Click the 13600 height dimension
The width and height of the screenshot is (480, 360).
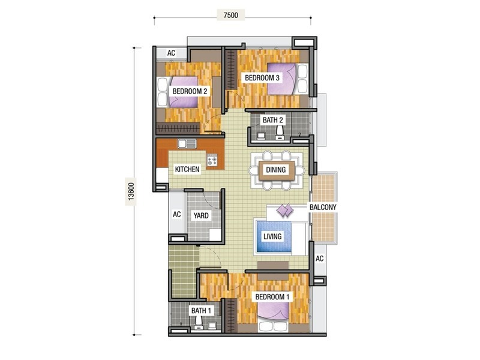click(x=131, y=191)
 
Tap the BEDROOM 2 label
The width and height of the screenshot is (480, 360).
click(x=190, y=91)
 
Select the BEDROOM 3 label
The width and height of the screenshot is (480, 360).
click(x=261, y=78)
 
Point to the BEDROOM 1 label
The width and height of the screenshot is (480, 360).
click(x=272, y=297)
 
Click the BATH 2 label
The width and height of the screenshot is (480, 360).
click(x=273, y=120)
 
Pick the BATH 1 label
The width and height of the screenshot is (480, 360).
click(x=201, y=311)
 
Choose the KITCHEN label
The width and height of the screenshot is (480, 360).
click(x=187, y=170)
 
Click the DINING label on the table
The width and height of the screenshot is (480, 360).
click(x=277, y=170)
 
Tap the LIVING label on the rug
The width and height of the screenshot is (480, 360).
click(x=272, y=236)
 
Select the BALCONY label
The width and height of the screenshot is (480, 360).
click(x=323, y=207)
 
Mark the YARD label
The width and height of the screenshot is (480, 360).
click(x=200, y=215)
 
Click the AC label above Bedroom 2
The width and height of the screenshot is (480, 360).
click(x=171, y=53)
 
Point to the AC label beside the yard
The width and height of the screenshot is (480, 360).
click(x=177, y=214)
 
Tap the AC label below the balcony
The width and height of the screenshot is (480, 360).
click(x=319, y=259)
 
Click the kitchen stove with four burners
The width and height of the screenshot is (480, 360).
click(x=212, y=160)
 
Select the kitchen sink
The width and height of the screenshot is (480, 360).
click(x=187, y=144)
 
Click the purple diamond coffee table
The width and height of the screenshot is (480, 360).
click(x=284, y=211)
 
